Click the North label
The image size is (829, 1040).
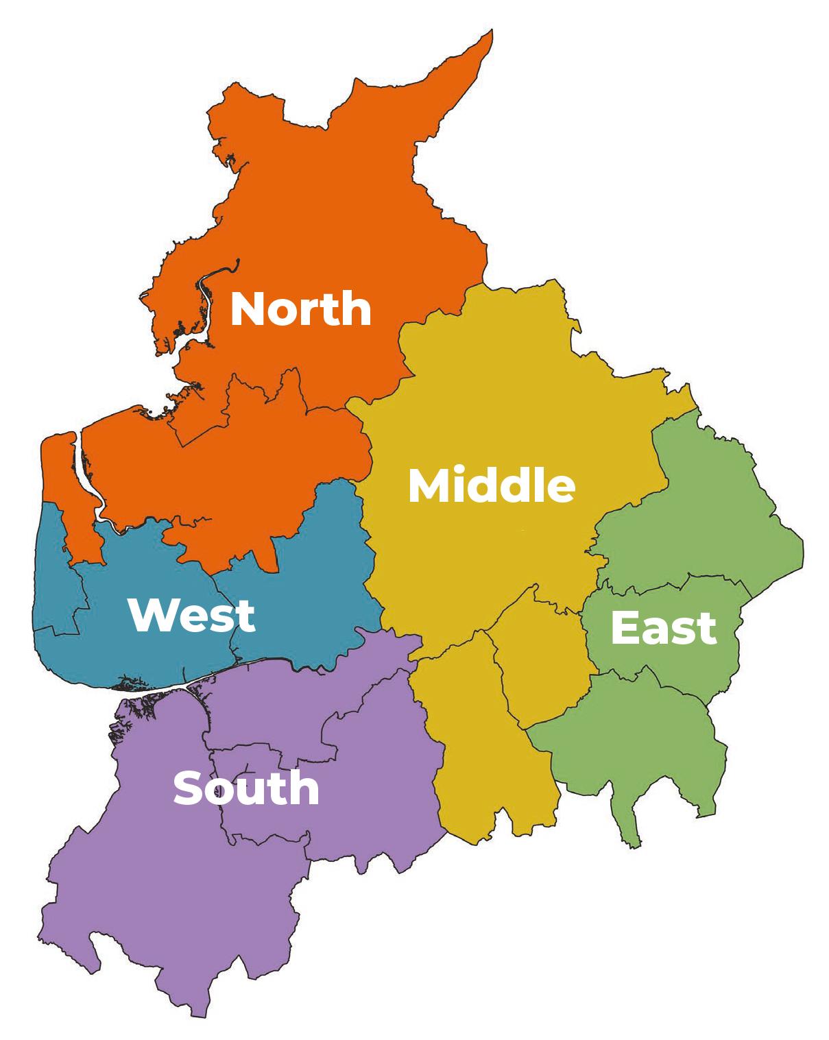pyautogui.click(x=300, y=309)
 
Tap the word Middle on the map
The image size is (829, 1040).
pyautogui.click(x=491, y=485)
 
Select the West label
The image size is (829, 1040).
pyautogui.click(x=191, y=615)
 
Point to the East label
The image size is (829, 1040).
pyautogui.click(x=663, y=628)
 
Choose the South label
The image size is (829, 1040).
pyautogui.click(x=246, y=788)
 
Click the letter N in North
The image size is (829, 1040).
pyautogui.click(x=246, y=309)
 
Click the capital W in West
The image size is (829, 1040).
pyautogui.click(x=150, y=615)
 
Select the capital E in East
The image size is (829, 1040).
pyautogui.click(x=624, y=628)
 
